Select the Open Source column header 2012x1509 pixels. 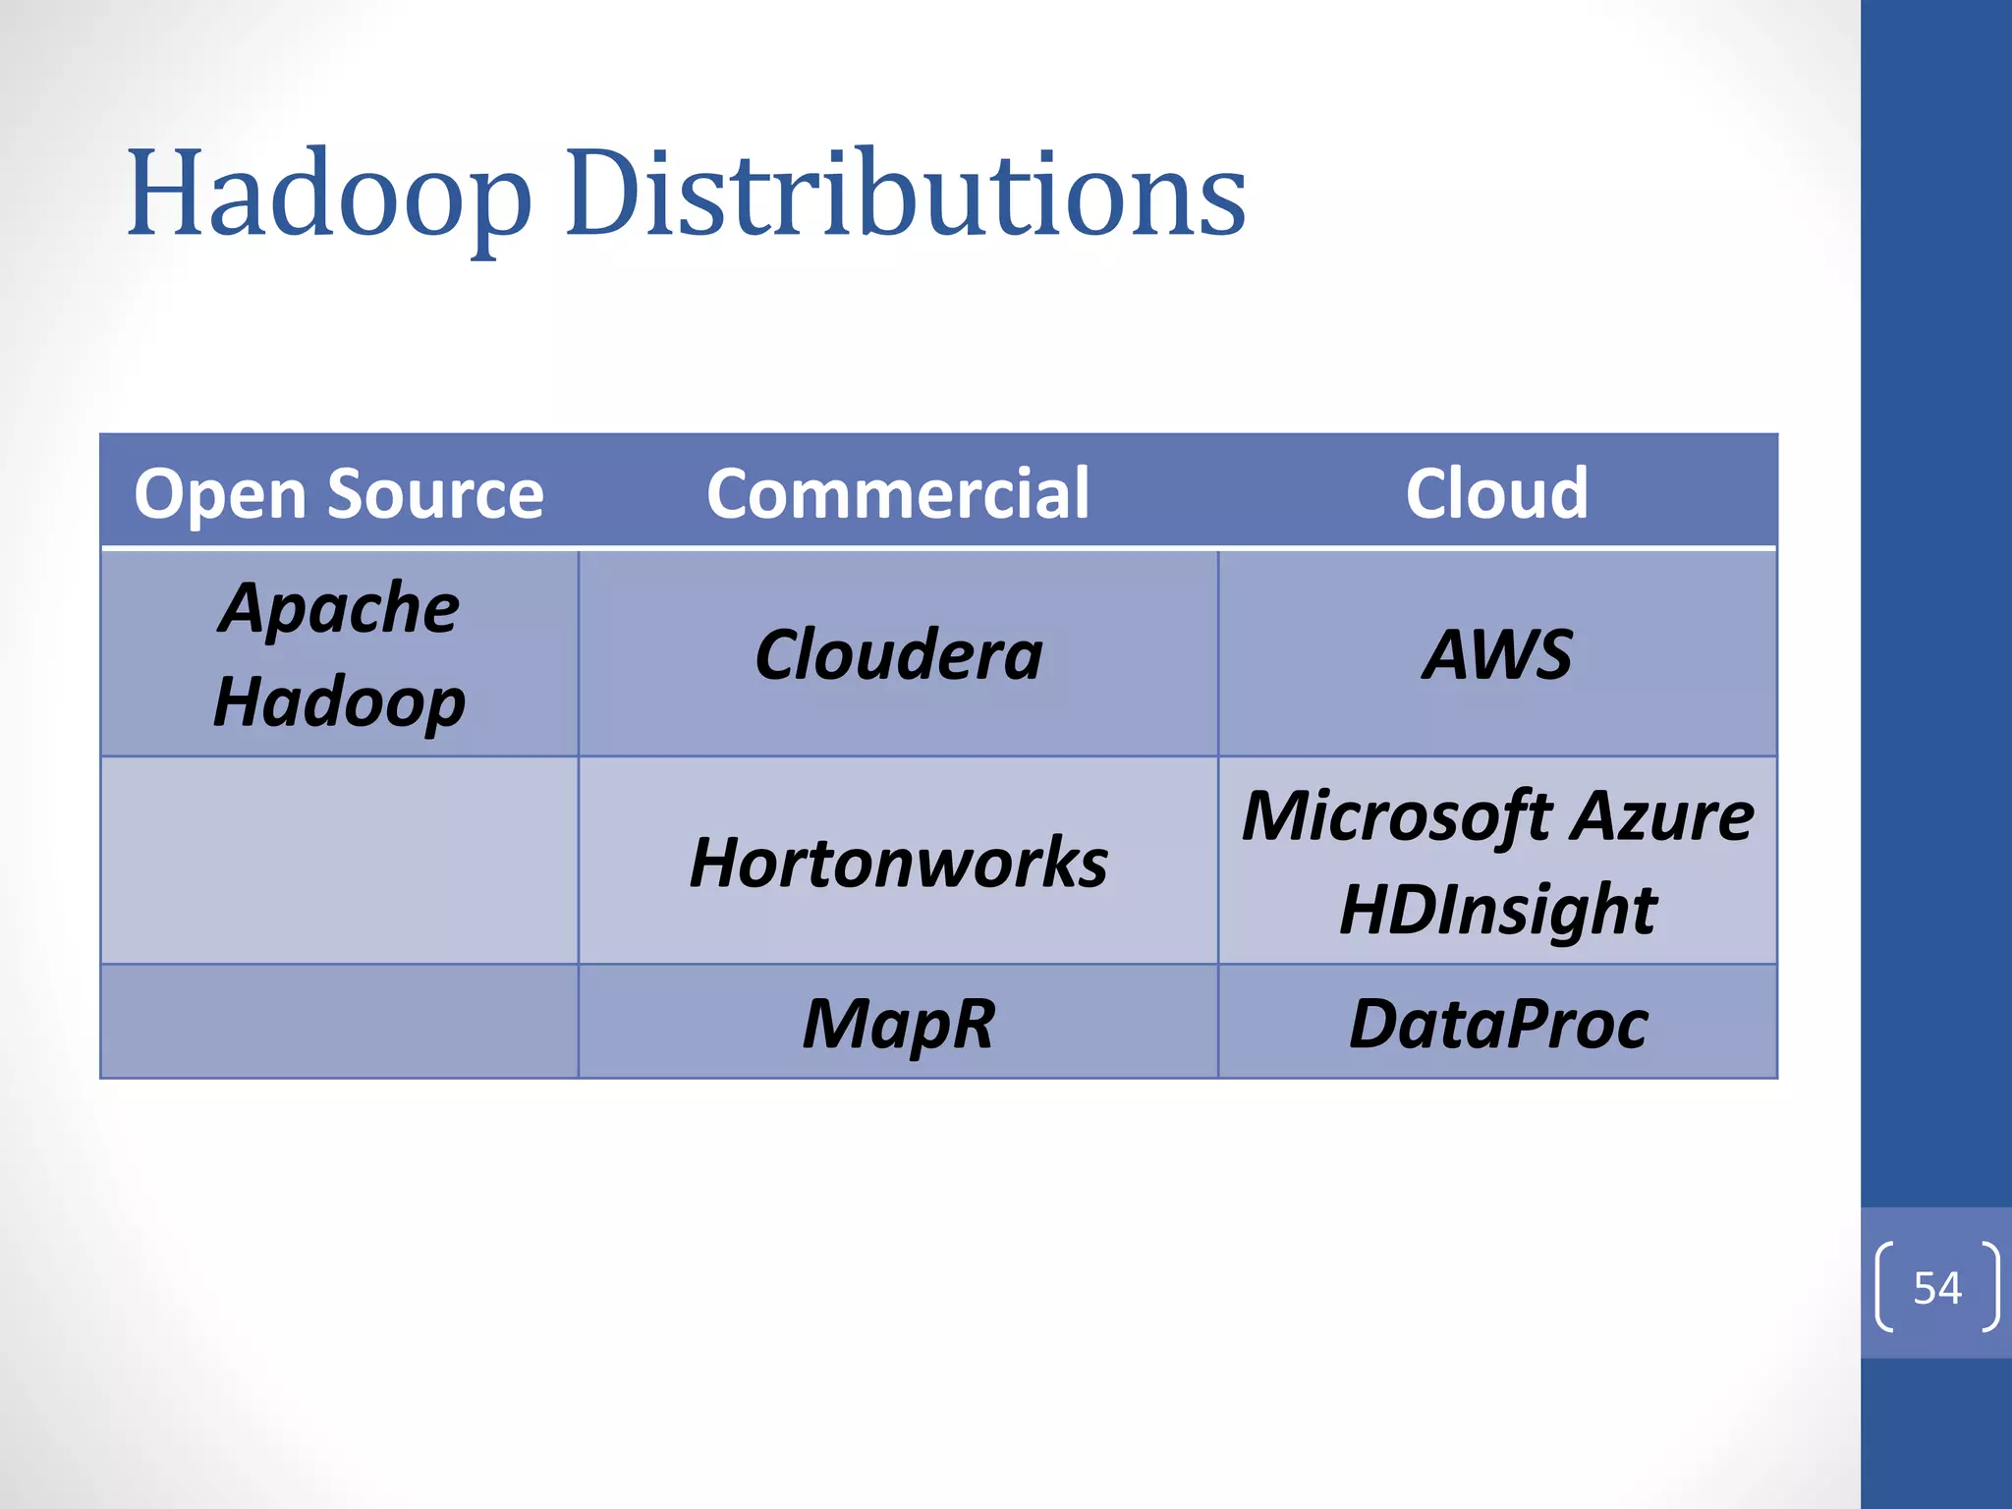(339, 493)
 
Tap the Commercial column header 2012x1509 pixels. (898, 493)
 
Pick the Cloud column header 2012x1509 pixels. (1496, 493)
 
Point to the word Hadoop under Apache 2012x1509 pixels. (339, 702)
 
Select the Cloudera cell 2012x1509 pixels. (898, 654)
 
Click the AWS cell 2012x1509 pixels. (1496, 654)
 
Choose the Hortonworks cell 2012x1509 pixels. (898, 862)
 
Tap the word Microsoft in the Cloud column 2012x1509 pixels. (1395, 815)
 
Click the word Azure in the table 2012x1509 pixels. (1661, 815)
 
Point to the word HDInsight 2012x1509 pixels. (1497, 909)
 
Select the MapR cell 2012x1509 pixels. (898, 1024)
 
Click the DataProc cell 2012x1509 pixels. (1497, 1024)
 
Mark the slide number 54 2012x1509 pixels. (1936, 1287)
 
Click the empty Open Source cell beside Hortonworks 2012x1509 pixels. (339, 861)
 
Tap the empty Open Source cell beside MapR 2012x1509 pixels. (339, 1022)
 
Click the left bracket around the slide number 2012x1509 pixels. (1883, 1287)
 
